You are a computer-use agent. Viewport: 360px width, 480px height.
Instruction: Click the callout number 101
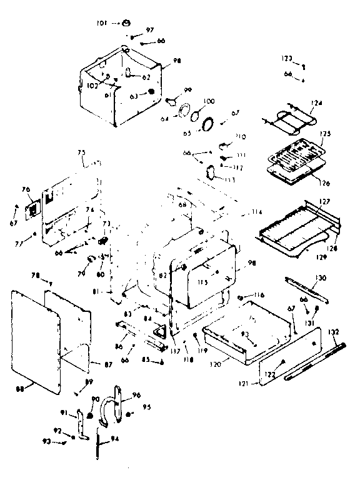(x=101, y=23)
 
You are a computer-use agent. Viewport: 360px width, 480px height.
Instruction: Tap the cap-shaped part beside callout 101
(x=126, y=23)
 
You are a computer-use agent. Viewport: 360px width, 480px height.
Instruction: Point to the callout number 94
(x=114, y=439)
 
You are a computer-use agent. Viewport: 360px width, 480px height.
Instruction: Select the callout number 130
(x=320, y=277)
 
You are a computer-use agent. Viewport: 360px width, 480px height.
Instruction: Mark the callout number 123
(x=286, y=58)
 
